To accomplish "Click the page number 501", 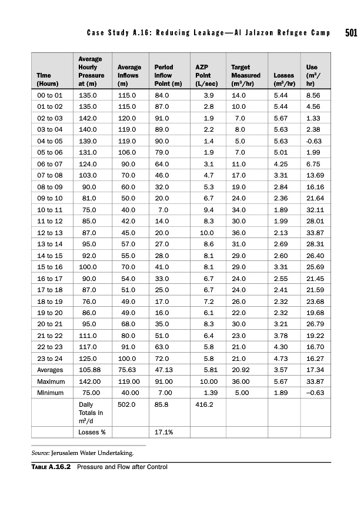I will [350, 32].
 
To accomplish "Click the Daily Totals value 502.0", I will [126, 405].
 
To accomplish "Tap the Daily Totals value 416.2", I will [204, 405].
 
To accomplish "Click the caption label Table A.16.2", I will [51, 467].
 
